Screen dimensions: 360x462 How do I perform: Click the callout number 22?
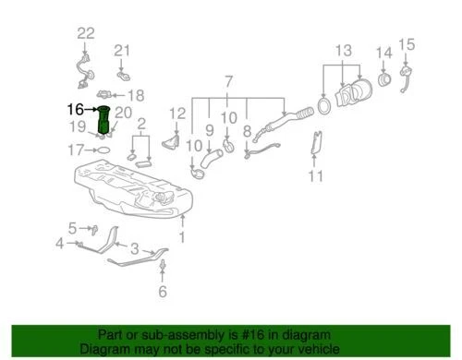coord(86,33)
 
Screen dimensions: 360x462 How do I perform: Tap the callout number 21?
coord(123,50)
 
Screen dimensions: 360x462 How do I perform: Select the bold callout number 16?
coord(75,108)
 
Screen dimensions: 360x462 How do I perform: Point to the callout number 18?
coord(136,94)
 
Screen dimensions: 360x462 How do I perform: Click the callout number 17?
coord(77,148)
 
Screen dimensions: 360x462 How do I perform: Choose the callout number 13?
coord(344,50)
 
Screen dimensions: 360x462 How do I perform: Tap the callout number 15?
coord(407,43)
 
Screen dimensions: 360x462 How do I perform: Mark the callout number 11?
coord(315,175)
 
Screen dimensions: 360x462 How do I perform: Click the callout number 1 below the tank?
coord(182,237)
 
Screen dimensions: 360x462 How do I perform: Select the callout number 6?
coord(164,293)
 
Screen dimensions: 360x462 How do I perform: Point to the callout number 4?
coord(60,244)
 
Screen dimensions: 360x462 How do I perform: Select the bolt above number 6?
coord(164,269)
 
